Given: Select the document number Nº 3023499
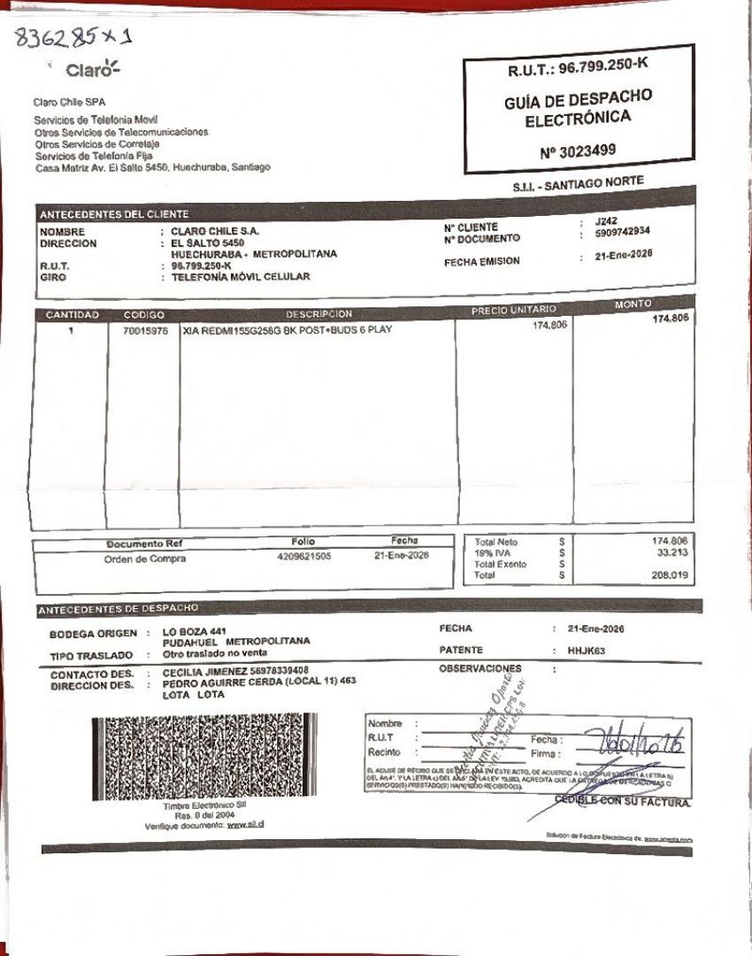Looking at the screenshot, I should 577,151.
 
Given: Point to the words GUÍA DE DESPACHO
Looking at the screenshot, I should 578,98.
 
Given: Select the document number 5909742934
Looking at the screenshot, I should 623,233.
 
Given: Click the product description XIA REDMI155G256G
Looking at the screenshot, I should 230,331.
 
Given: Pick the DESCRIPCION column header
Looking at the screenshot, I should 318,314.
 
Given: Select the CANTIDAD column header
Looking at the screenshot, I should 73,314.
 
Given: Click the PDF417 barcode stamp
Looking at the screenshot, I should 203,757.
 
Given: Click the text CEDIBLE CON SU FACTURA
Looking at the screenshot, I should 622,801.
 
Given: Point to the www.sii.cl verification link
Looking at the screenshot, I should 247,825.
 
